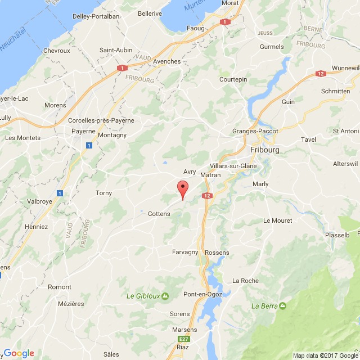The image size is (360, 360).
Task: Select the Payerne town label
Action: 83,131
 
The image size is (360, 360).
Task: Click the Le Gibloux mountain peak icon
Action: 165,296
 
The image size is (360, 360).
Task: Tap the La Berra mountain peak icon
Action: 282,306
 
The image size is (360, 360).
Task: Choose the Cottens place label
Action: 159,214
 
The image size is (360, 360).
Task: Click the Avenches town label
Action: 167,61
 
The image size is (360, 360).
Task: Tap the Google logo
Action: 19,353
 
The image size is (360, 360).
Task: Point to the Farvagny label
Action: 185,252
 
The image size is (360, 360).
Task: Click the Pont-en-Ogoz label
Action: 203,294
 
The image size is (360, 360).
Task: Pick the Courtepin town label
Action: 233,80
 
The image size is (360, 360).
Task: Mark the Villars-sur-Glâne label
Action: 231,166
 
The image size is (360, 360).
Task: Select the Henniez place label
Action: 37,227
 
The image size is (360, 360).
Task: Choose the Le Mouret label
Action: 278,220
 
